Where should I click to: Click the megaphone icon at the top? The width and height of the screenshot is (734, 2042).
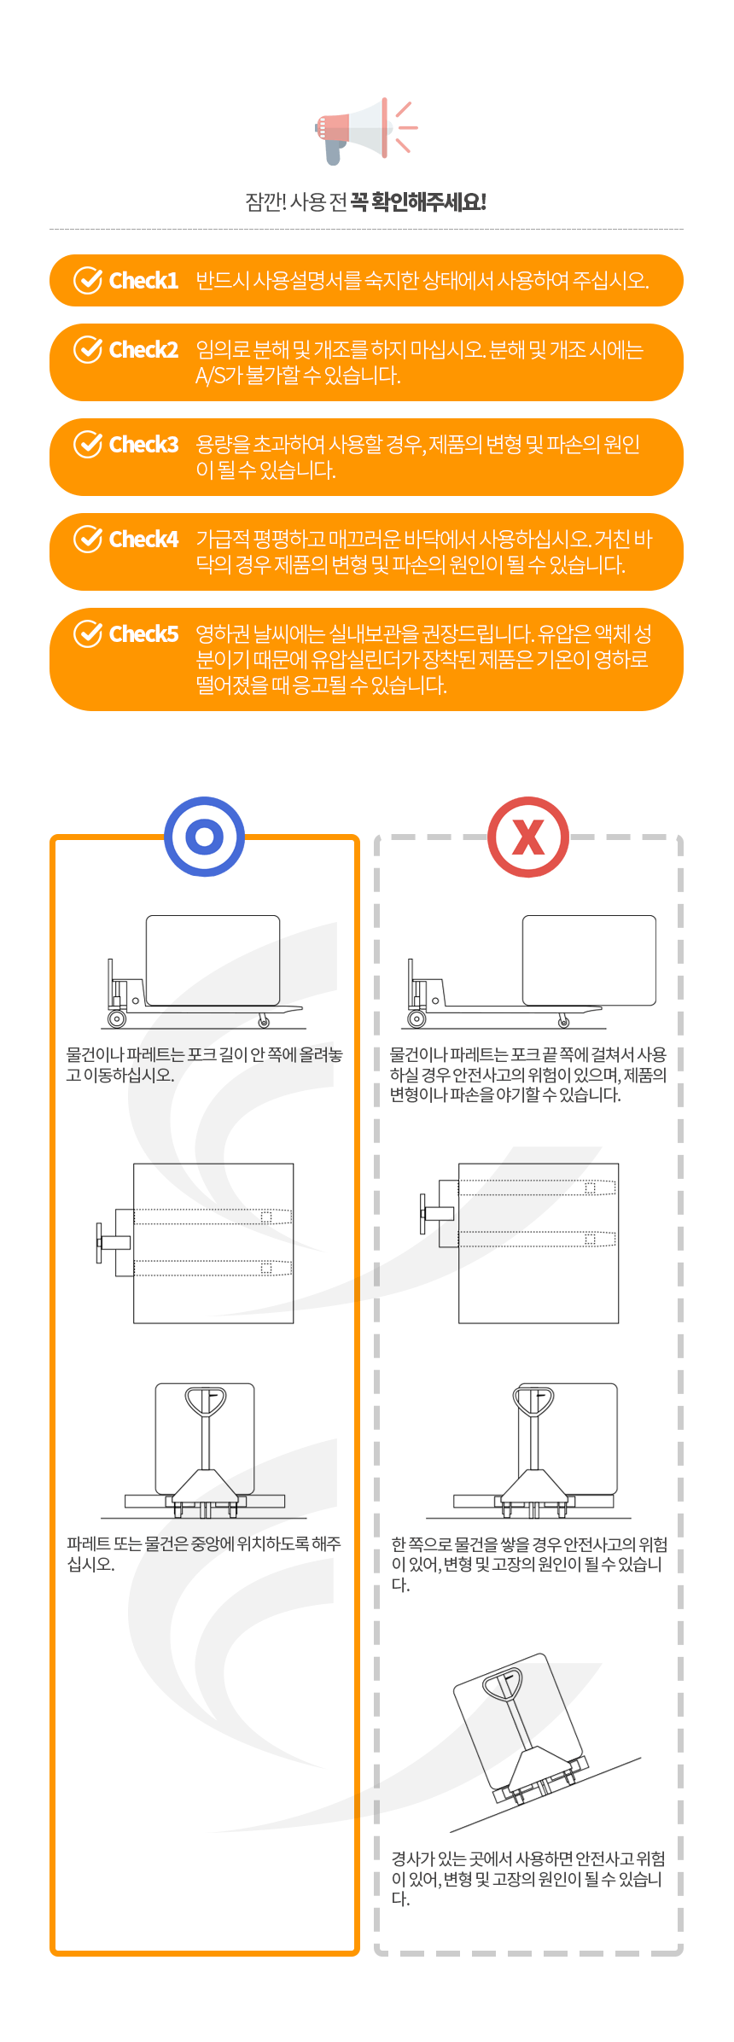coord(365,130)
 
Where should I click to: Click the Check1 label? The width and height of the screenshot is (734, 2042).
coord(143,281)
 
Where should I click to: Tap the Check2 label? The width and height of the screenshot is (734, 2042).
coord(143,350)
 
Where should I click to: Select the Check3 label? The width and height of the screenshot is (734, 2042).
coord(143,445)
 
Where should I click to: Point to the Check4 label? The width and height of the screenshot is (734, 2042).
coord(143,540)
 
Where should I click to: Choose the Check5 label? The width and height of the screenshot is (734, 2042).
coord(143,634)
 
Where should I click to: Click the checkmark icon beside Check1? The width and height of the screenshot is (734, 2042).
coord(88,280)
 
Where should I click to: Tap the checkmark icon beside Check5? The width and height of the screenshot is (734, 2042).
coord(88,633)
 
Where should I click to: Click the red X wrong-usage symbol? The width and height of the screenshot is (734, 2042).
coord(528,837)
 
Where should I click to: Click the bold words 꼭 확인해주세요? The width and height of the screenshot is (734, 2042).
coord(418,202)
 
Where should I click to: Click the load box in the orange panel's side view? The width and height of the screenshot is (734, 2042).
coord(213,960)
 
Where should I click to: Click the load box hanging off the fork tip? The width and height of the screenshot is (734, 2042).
coord(589,960)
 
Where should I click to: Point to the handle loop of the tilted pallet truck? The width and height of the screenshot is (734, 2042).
coord(502,1684)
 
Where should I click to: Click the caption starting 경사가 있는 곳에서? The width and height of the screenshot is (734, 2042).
coord(527,1878)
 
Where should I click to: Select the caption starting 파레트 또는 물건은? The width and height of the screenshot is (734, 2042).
coord(204,1554)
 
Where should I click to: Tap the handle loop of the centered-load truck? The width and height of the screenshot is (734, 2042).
coord(206,1403)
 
